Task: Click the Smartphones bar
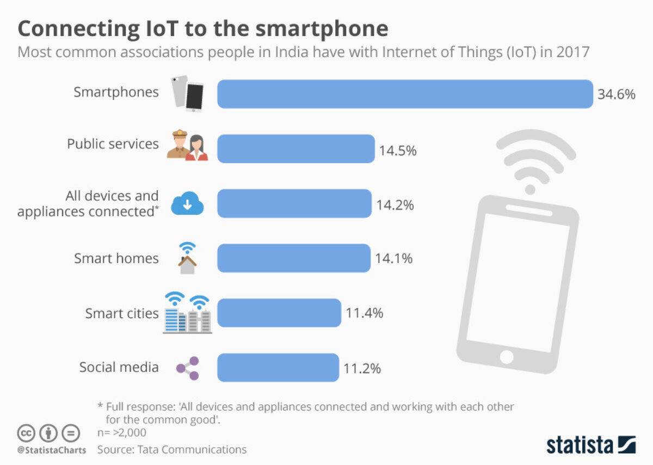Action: click(x=405, y=94)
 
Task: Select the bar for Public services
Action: click(x=296, y=148)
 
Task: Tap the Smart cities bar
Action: click(x=279, y=313)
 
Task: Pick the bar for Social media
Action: click(x=278, y=368)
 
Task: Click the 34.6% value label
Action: click(x=616, y=95)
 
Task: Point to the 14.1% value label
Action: click(x=393, y=258)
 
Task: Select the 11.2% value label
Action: click(x=362, y=368)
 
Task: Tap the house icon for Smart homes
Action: click(x=187, y=258)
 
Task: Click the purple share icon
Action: click(x=188, y=368)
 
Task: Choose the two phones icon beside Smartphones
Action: click(x=188, y=94)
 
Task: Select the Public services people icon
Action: click(x=188, y=146)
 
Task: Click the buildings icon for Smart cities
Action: click(x=187, y=313)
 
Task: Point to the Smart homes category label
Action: click(x=116, y=258)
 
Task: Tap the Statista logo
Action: click(x=591, y=444)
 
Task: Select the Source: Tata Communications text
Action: click(x=172, y=450)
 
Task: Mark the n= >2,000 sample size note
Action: click(x=121, y=433)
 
